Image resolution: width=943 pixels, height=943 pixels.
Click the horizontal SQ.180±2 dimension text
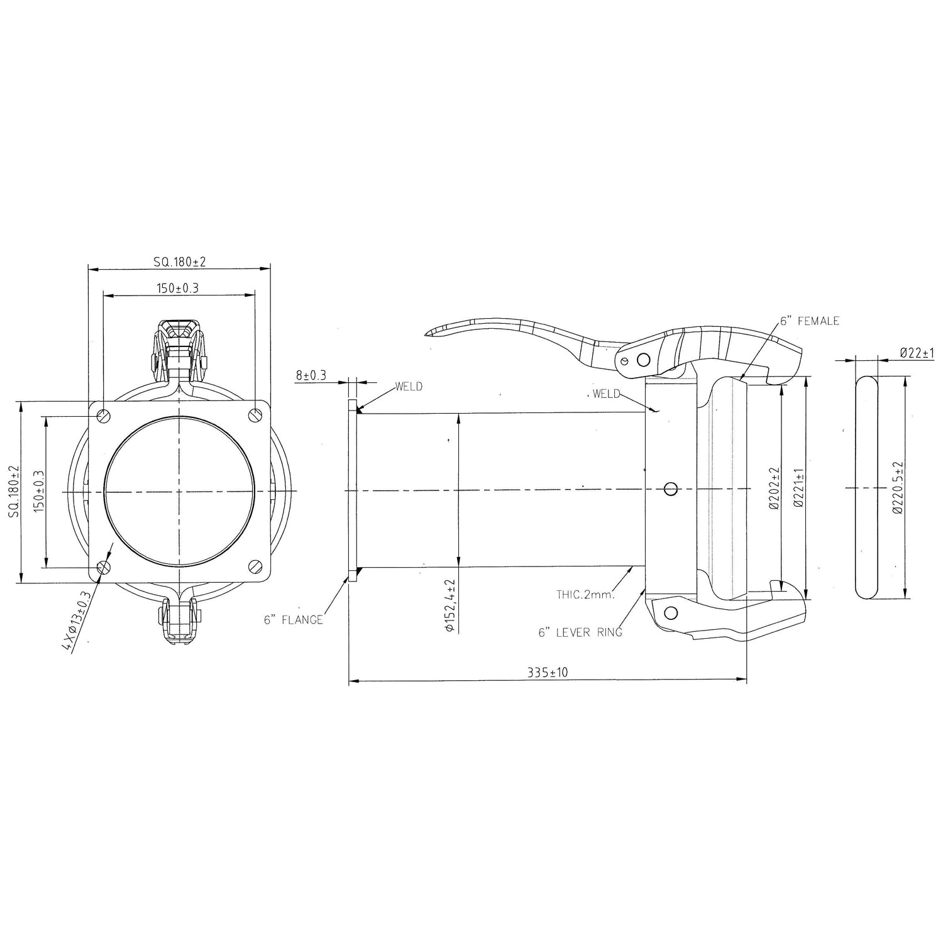coord(180,262)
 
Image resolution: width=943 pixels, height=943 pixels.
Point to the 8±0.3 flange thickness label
coord(311,376)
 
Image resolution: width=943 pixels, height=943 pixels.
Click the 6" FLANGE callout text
coord(293,620)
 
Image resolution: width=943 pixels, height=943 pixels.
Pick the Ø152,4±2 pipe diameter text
coord(450,605)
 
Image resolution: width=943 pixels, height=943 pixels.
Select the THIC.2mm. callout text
coord(585,594)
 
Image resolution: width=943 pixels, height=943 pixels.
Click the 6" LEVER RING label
coord(580,632)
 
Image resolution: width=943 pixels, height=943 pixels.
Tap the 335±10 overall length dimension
coord(548,673)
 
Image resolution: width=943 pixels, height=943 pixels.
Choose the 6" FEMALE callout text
coord(810,321)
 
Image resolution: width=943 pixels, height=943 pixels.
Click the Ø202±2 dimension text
coord(774,488)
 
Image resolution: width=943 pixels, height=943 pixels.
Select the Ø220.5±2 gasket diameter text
coord(898,488)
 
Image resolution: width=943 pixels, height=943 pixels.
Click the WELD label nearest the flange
coord(409,387)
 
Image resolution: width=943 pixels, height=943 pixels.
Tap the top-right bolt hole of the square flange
coord(255,415)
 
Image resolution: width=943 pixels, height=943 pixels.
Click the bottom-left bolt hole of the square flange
coord(104,567)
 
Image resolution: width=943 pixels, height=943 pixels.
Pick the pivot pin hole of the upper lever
coord(642,360)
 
